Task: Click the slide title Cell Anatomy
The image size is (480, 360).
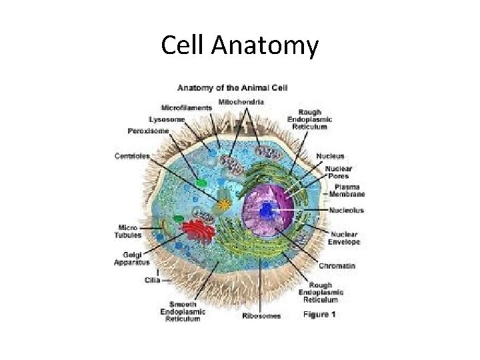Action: pos(240,46)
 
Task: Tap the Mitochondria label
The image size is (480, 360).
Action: pos(241,102)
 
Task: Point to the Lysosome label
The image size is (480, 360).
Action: pos(167,119)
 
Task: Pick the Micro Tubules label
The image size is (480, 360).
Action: pos(130,231)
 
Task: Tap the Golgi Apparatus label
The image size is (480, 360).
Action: pos(132,258)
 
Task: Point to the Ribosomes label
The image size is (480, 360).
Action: pos(261,315)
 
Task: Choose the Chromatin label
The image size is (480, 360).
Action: pos(337,265)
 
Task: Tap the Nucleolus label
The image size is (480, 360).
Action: pos(346,211)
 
